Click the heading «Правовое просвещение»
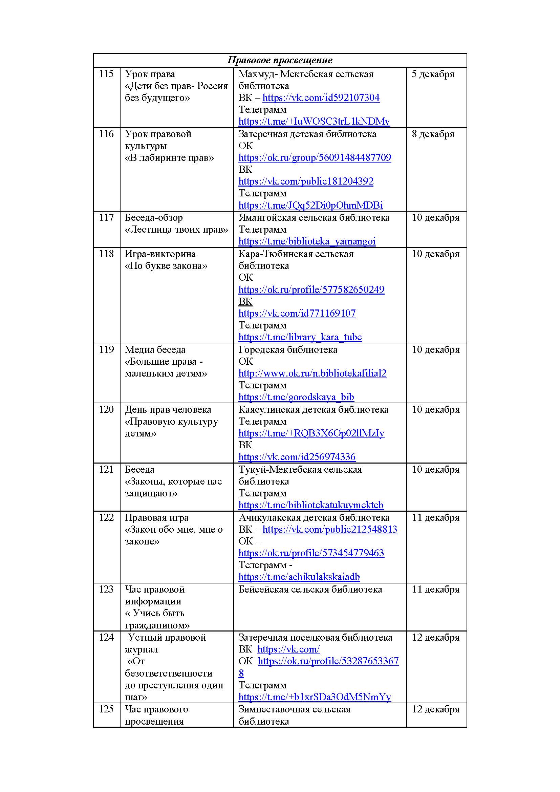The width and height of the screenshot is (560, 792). click(x=280, y=60)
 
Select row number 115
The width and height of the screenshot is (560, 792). click(x=106, y=74)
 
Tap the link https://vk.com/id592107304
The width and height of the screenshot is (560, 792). click(x=321, y=98)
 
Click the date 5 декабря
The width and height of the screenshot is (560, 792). click(x=433, y=74)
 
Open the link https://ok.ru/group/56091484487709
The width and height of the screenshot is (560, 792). click(x=315, y=158)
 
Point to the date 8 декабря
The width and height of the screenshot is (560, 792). click(x=433, y=134)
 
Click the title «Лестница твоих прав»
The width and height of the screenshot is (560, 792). click(x=176, y=229)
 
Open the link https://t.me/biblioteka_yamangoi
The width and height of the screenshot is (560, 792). click(x=307, y=241)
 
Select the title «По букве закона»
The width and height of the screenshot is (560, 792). click(x=166, y=265)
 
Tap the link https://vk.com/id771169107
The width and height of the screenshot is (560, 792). click(x=297, y=313)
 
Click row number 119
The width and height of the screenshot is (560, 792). click(x=106, y=349)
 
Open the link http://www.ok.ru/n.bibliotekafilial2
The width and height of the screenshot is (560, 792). click(x=313, y=373)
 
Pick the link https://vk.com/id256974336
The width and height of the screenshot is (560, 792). click(x=297, y=457)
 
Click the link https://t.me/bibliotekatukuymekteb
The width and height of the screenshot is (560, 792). click(x=311, y=505)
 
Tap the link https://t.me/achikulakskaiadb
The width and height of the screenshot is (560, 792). click(x=299, y=577)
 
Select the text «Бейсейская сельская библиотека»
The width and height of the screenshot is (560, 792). click(x=310, y=589)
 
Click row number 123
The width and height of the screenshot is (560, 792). click(x=106, y=589)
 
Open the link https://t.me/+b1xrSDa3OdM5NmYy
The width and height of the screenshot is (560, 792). click(x=315, y=697)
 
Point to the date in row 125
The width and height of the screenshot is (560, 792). click(x=436, y=709)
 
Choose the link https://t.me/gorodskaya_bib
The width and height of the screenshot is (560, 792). click(x=296, y=397)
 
